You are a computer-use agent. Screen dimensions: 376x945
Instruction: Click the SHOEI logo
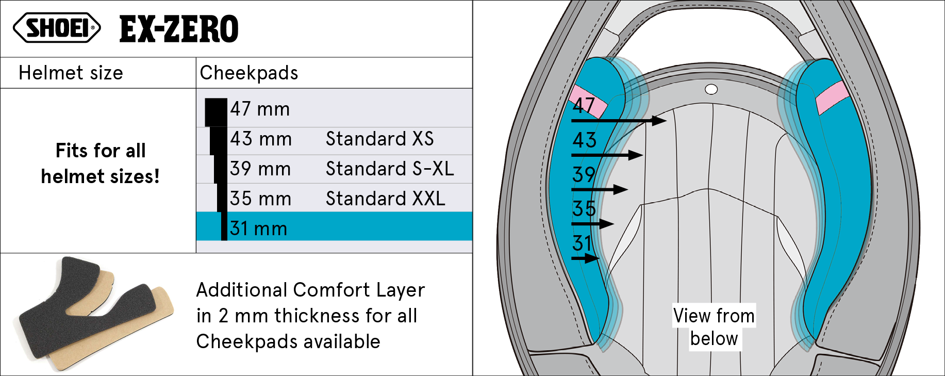57,28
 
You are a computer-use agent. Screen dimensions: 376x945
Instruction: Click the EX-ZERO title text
179,29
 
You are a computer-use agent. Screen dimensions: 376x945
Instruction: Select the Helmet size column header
71,73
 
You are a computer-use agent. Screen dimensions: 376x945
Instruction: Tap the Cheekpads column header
249,73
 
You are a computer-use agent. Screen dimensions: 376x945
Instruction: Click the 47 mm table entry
260,109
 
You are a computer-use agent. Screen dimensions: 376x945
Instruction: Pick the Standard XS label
379,139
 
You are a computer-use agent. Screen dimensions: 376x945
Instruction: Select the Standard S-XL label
390,169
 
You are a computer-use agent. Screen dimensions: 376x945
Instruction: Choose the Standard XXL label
385,199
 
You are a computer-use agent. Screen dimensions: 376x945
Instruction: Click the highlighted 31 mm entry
259,228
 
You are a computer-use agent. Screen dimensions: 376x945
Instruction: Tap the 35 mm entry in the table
260,199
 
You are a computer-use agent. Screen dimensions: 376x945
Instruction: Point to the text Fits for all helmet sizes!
100,164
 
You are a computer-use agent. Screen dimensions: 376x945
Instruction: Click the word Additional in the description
242,290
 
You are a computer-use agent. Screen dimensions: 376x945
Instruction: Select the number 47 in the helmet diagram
584,106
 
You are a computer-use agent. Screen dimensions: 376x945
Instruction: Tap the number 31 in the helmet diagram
583,243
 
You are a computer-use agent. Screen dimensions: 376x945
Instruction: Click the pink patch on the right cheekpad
832,97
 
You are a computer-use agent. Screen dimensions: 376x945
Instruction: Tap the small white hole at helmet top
711,90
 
